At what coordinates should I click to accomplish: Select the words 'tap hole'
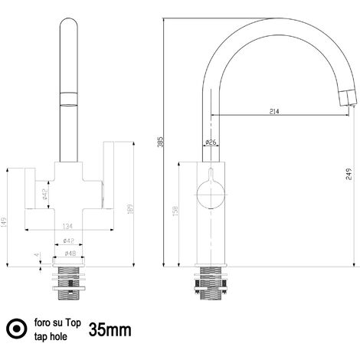click(50, 337)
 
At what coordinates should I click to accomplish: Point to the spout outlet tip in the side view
click(347, 96)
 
